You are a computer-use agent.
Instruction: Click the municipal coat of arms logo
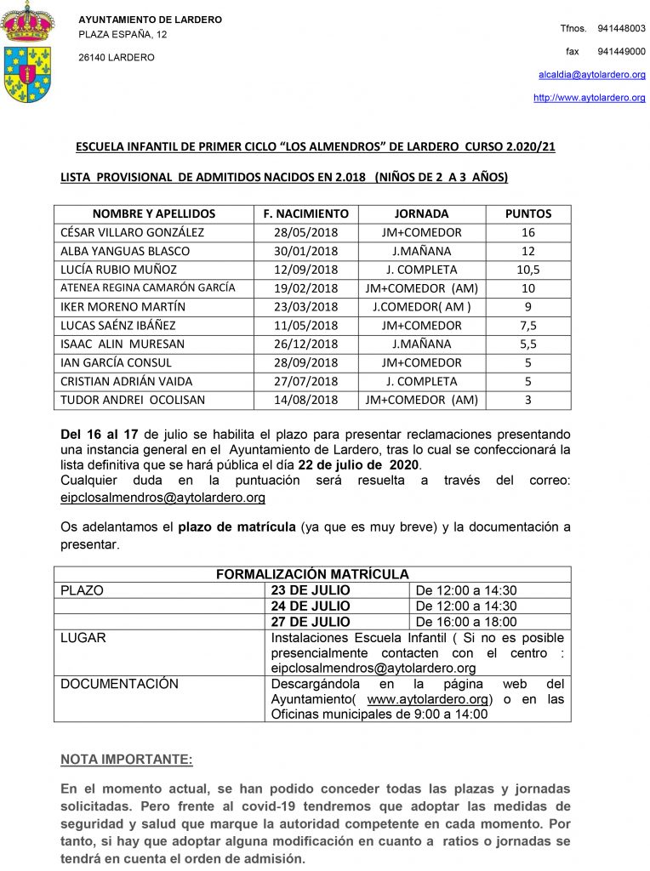coord(28,52)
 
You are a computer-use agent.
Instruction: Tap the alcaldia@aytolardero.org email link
coord(592,75)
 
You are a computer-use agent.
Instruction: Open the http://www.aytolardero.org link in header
coord(589,98)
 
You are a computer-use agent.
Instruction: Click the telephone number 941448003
coord(621,29)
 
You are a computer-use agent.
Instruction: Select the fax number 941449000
coord(621,52)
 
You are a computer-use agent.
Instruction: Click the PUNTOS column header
coord(527,214)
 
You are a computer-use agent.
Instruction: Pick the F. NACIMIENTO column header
coord(306,214)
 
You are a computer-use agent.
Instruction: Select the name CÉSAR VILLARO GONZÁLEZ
coord(132,233)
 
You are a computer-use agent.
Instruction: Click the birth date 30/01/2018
coord(306,252)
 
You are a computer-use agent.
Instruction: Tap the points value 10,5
coord(527,270)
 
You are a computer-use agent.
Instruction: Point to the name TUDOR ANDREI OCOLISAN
coord(133,401)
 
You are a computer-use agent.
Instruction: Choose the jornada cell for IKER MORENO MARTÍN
coord(421,307)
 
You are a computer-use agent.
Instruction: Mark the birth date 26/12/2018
coord(306,344)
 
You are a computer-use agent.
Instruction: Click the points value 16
coord(527,233)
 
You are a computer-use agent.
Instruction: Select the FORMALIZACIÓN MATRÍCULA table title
coord(312,575)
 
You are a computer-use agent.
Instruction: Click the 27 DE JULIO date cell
coord(311,622)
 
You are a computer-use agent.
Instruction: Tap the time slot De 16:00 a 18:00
coord(466,622)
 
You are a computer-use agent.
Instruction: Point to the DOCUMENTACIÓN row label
coord(119,685)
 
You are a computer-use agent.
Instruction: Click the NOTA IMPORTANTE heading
coord(127,759)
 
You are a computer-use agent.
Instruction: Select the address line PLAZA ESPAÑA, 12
coord(123,35)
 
